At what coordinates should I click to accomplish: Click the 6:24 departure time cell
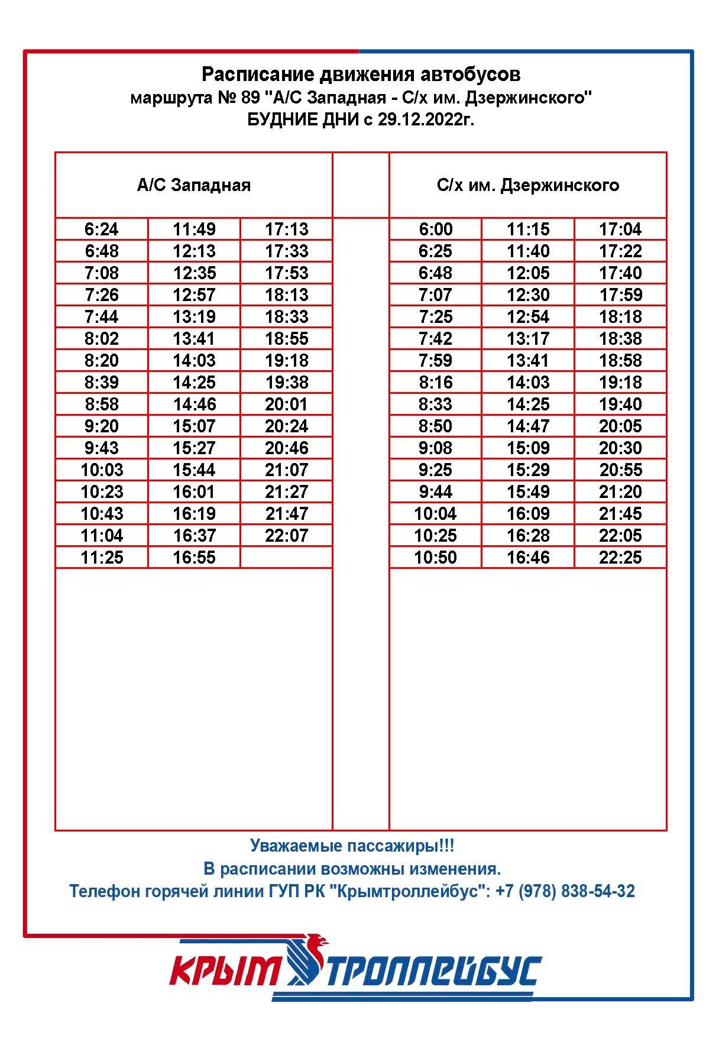click(x=102, y=229)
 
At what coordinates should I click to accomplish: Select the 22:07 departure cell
click(x=287, y=535)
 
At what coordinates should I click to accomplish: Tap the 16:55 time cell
click(x=194, y=557)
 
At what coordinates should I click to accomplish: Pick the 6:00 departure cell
click(x=435, y=229)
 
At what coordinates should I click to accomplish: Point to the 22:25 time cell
click(x=620, y=557)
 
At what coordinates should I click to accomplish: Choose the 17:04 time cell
click(x=620, y=229)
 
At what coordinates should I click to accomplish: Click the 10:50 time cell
click(x=435, y=557)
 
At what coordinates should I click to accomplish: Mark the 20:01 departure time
click(x=287, y=404)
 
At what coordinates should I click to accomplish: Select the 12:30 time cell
click(x=528, y=295)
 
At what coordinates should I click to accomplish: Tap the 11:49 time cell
click(x=194, y=229)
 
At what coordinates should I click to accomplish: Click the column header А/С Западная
click(x=194, y=185)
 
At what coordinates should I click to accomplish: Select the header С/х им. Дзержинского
click(x=528, y=185)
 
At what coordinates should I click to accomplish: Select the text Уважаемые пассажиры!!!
click(x=352, y=846)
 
